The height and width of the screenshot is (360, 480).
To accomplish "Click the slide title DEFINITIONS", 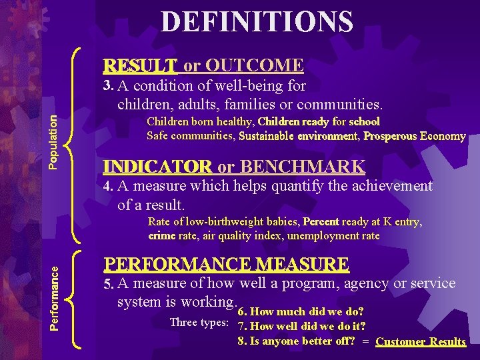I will pos(257,22).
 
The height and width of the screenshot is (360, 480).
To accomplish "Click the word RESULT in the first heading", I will pos(140,65).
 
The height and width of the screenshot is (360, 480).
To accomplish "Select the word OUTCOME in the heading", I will pos(255,65).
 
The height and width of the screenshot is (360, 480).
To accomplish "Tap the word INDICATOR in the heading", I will pos(158,167).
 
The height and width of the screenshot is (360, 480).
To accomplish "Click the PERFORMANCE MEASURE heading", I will pos(226,265).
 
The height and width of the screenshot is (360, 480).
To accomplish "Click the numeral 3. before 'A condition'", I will pos(109,85).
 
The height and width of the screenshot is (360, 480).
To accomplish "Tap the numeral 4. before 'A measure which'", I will pos(109,187).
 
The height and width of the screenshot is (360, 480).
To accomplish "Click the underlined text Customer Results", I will pos(420,341).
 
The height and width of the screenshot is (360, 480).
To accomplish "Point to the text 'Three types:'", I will pos(199,323).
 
